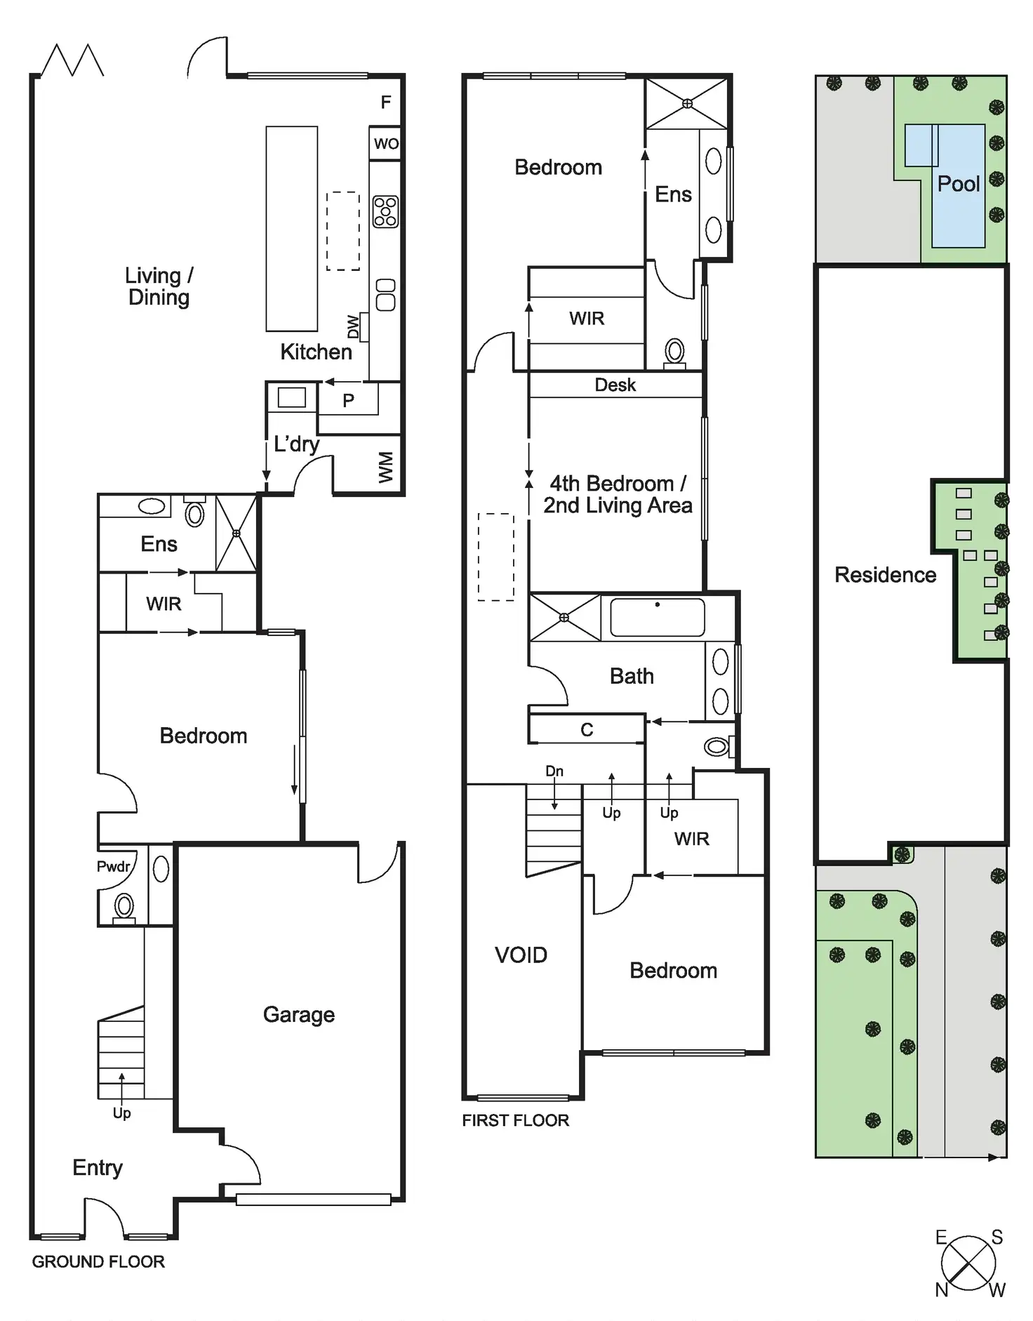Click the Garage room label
(x=298, y=1014)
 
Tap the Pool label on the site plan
(x=958, y=184)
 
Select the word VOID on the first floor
(x=521, y=955)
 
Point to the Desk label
(x=615, y=385)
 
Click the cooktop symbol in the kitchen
(x=385, y=211)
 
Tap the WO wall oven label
(x=386, y=144)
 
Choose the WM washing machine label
(x=386, y=467)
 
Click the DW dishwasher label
(x=353, y=326)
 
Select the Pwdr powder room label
(x=114, y=866)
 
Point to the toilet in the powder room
(x=124, y=907)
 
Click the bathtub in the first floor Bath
(x=657, y=617)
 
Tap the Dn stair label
(x=554, y=771)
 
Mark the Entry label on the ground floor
(x=98, y=1167)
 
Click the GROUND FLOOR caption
(x=98, y=1261)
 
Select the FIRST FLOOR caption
(x=515, y=1120)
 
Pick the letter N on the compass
(x=942, y=1289)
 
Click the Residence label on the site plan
(x=885, y=575)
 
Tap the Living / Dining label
(x=159, y=286)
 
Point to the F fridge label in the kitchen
(x=385, y=102)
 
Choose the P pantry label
(x=348, y=401)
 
